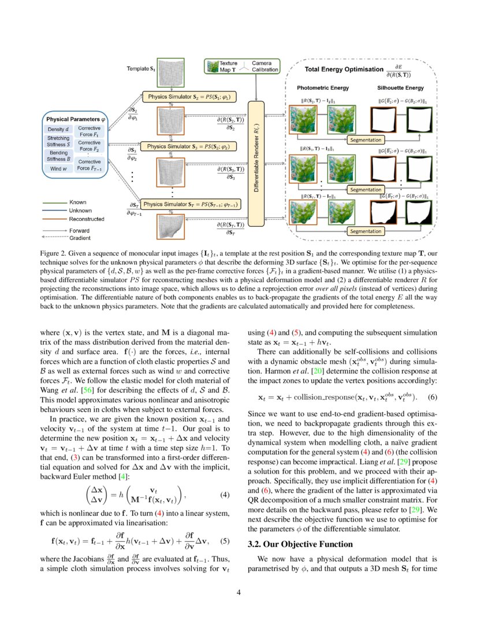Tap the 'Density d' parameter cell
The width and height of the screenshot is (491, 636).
[58, 129]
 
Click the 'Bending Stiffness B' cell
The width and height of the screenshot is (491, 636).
[58, 156]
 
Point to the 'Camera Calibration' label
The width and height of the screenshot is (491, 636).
[265, 66]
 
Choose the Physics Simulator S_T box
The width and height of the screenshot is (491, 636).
[191, 204]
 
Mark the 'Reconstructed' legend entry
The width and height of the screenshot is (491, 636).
[87, 219]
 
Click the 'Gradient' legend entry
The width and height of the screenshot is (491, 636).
[80, 237]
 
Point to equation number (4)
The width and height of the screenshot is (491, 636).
[226, 495]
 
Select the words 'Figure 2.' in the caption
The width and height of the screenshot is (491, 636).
[55, 253]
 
